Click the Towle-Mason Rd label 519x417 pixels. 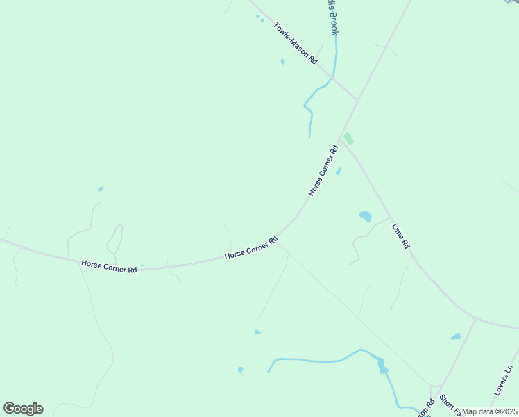coord(296,44)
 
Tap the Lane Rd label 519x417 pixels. coord(401,236)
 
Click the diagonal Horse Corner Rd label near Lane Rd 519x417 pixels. coord(323,170)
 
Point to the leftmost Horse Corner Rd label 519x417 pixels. coord(109,265)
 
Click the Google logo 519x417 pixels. coord(23,409)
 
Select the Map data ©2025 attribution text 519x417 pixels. coord(490,411)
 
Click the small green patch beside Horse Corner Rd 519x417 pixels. coord(348,138)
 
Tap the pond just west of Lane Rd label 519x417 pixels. coord(365,216)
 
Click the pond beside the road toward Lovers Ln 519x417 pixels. coord(456,336)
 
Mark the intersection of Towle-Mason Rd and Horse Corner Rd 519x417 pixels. coord(357,100)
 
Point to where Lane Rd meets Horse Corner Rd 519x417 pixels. coord(341,136)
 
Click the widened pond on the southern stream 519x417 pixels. coord(382,366)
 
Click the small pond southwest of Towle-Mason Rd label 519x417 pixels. coord(282,61)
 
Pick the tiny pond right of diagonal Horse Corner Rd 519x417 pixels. coord(339,171)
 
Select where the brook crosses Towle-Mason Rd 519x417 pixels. coord(334,77)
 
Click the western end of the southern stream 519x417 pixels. coord(269,370)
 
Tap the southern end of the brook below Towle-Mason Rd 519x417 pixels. coord(309,137)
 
